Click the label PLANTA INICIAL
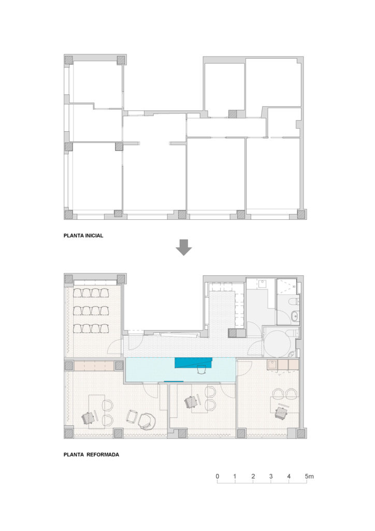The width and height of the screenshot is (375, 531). coord(83,235)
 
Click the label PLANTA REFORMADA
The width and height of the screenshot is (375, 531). coord(91,455)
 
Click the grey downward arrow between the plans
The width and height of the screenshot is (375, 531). coord(183,248)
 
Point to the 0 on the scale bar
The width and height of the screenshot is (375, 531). coord(218,476)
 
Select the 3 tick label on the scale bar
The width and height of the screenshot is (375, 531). coord(271,476)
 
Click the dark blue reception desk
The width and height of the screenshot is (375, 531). coord(193,362)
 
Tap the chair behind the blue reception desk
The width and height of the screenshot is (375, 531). coord(201,369)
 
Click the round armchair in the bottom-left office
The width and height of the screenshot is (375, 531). coord(147,420)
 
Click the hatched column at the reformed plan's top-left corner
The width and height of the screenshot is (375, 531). coord(69,279)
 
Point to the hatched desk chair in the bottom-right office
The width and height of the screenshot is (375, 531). coord(282,412)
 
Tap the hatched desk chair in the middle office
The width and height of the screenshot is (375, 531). coord(191,401)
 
